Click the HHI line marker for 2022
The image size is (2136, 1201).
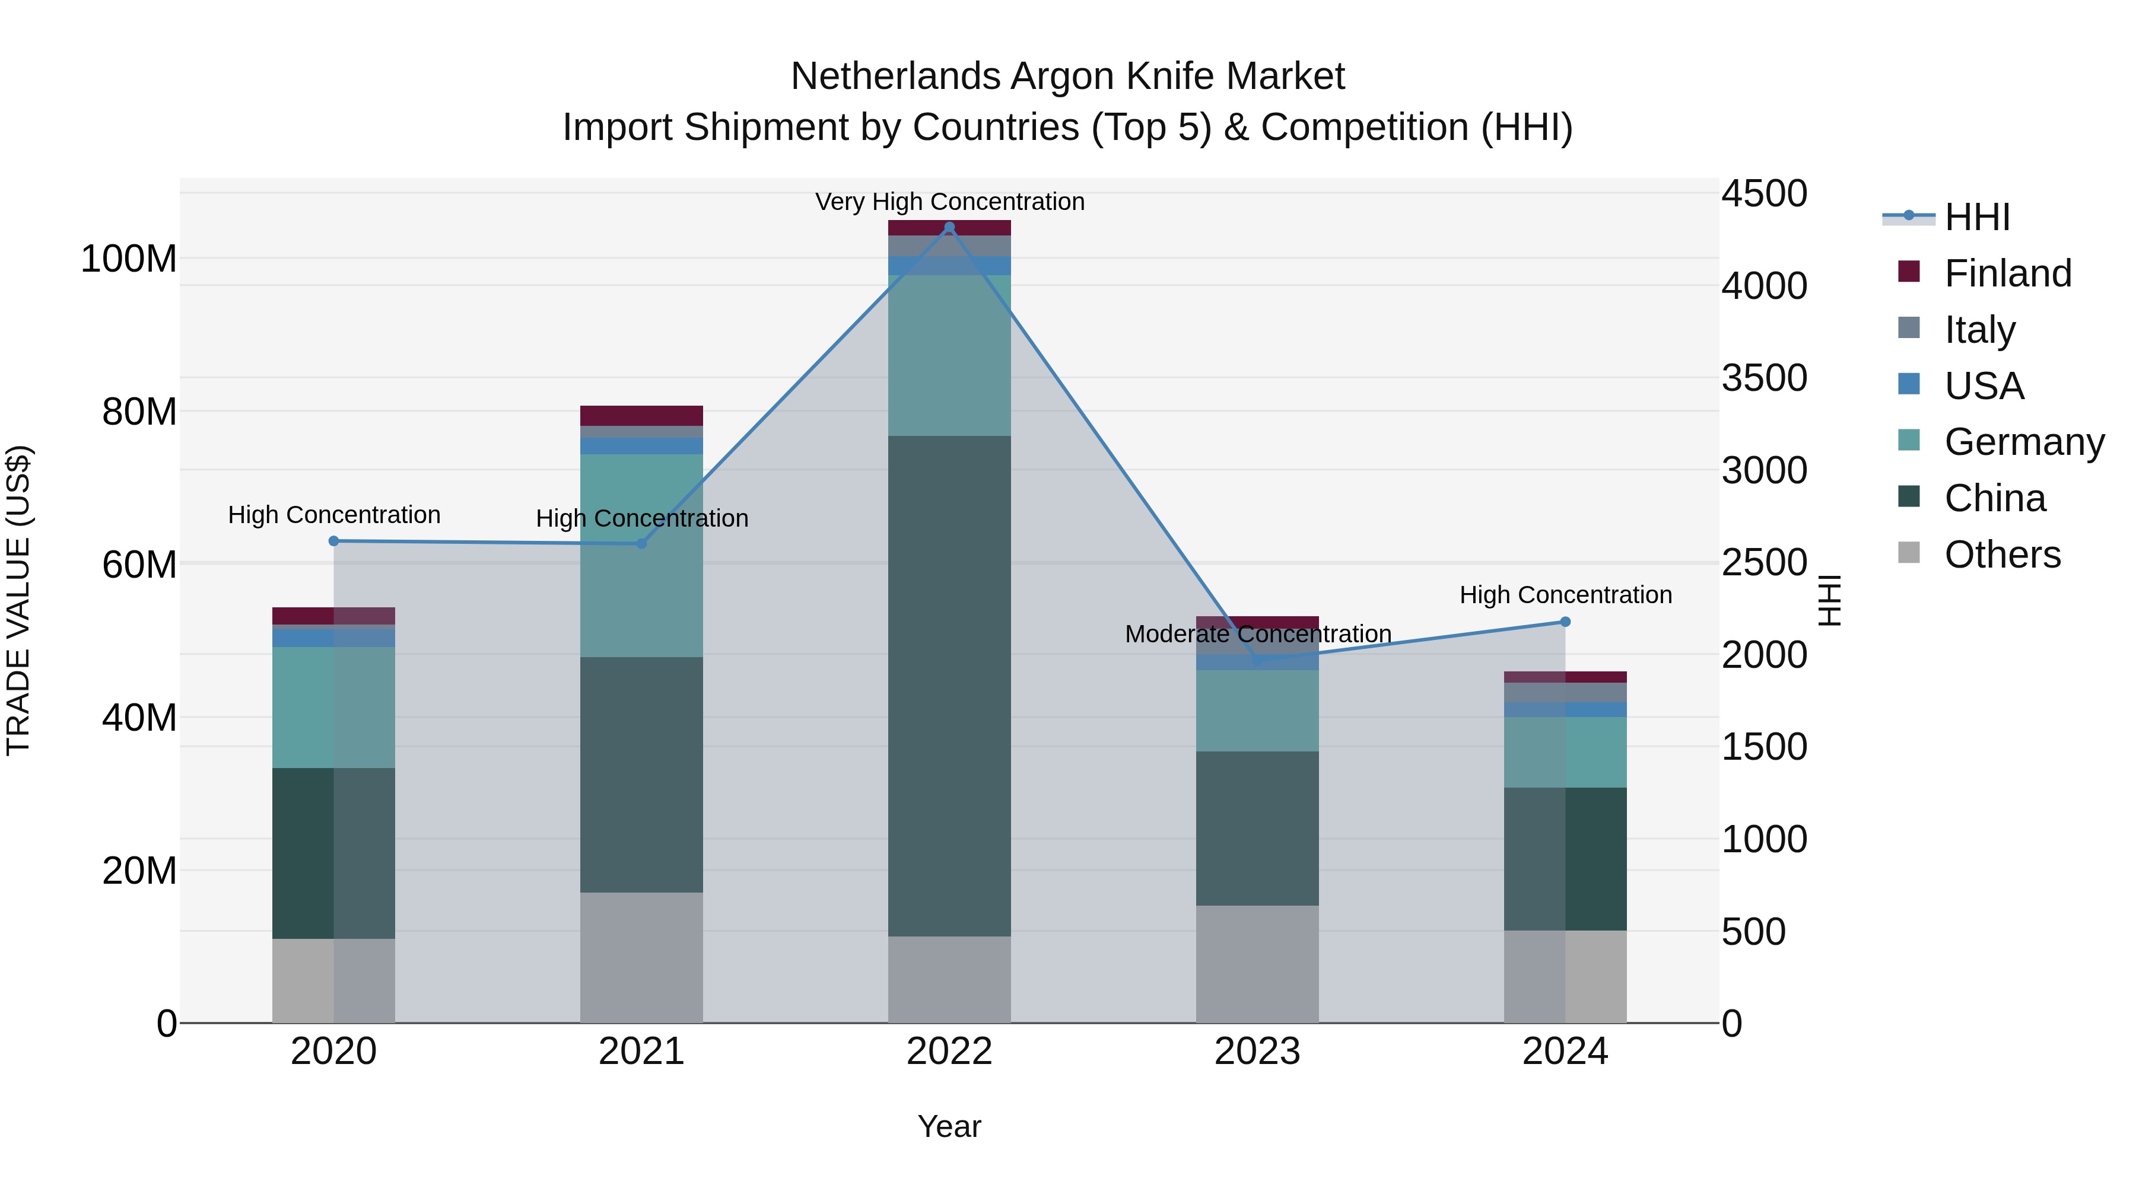(x=949, y=227)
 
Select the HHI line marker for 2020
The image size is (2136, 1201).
(x=333, y=541)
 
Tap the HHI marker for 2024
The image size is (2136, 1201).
(x=1565, y=622)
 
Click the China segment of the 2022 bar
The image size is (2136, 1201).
(x=949, y=686)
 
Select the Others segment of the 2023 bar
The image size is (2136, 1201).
(x=1257, y=964)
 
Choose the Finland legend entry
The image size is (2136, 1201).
(x=2007, y=273)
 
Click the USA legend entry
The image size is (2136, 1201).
(x=1984, y=386)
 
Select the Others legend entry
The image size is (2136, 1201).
(x=2002, y=555)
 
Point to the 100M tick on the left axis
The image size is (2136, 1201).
(x=129, y=259)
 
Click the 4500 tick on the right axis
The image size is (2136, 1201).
(x=1764, y=194)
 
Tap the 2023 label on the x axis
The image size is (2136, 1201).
(x=1257, y=1052)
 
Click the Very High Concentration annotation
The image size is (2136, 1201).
(x=949, y=202)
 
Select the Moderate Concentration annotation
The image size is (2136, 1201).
(x=1257, y=634)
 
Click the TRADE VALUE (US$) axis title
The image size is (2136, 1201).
(x=18, y=600)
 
